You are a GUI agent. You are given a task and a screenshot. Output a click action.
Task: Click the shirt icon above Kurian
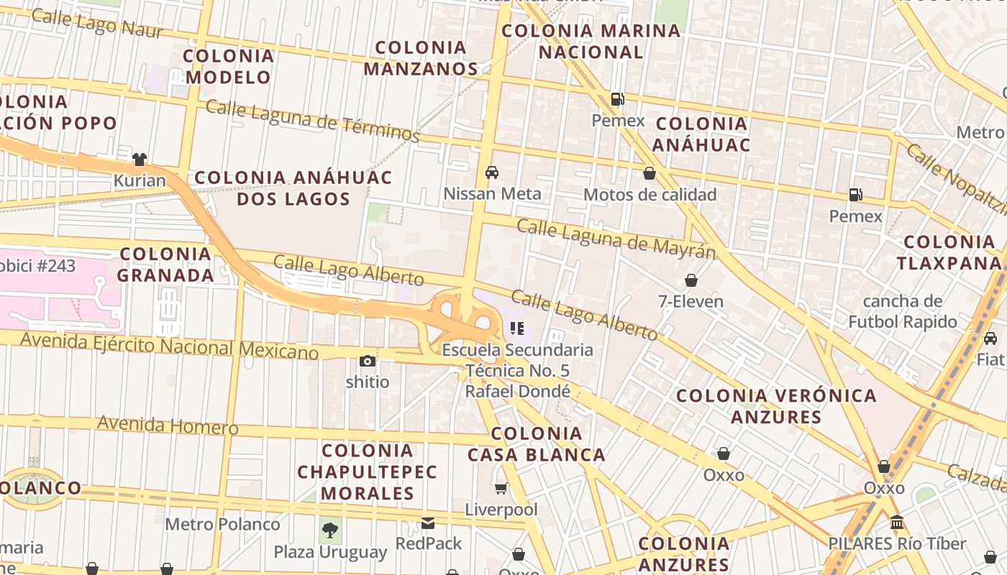pos(140,159)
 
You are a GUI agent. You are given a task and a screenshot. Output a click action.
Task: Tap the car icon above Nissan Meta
pos(492,172)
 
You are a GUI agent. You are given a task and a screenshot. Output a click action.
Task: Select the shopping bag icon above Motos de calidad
pos(650,173)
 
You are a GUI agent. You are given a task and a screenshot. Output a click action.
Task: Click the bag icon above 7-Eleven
pos(691,280)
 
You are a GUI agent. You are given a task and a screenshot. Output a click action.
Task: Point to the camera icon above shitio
pos(368,361)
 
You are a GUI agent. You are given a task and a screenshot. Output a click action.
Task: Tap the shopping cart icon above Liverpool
pos(501,489)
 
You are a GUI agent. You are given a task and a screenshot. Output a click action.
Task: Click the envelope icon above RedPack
pos(428,523)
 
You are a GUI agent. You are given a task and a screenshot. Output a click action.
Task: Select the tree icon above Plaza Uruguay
pos(330,530)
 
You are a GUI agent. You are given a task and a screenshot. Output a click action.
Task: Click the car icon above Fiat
pos(990,338)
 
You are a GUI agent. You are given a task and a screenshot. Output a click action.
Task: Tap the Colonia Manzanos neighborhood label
pos(421,58)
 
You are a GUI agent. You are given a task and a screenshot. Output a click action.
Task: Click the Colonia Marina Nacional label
pos(591,41)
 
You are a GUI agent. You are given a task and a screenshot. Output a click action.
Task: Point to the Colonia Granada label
pos(165,264)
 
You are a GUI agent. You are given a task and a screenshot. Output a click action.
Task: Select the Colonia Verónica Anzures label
pos(777,406)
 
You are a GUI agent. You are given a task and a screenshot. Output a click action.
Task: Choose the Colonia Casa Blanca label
pos(537,444)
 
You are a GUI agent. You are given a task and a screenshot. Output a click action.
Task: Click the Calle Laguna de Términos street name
pos(312,120)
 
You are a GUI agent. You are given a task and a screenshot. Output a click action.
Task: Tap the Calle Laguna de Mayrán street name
pos(616,239)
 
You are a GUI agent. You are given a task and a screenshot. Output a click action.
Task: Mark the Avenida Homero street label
pos(168,425)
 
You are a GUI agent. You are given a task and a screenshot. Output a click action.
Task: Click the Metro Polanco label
pos(223,524)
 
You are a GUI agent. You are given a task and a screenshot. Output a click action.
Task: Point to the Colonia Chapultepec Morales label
pos(367,471)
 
